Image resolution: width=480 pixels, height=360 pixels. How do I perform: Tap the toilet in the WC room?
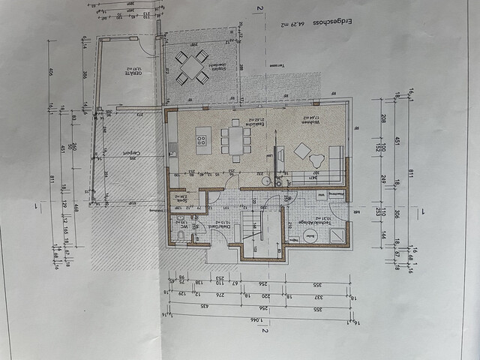click(x=181, y=237)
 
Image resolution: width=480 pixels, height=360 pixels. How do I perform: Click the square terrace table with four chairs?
click(x=192, y=67)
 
